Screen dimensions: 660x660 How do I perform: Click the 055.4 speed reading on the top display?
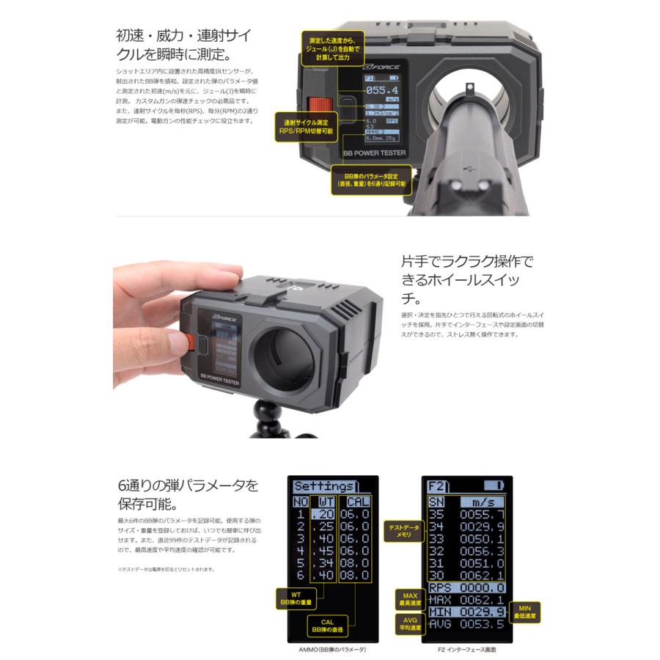tap(384, 92)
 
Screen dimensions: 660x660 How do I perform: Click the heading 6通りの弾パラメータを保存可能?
tap(188, 495)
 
